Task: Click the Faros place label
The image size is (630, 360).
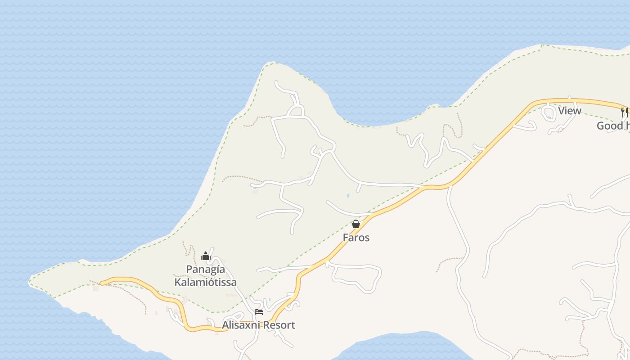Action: click(x=356, y=238)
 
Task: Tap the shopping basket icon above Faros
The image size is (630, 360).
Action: click(x=356, y=224)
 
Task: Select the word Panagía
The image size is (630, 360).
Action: click(x=206, y=270)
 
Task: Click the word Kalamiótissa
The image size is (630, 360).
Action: click(x=206, y=283)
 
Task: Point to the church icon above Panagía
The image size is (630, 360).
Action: click(x=206, y=256)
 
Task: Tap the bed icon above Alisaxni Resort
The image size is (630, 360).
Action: click(x=259, y=311)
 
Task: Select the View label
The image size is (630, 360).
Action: click(x=570, y=111)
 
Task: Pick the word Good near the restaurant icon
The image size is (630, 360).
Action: click(x=610, y=126)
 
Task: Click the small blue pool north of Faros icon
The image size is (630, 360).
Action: click(x=348, y=196)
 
